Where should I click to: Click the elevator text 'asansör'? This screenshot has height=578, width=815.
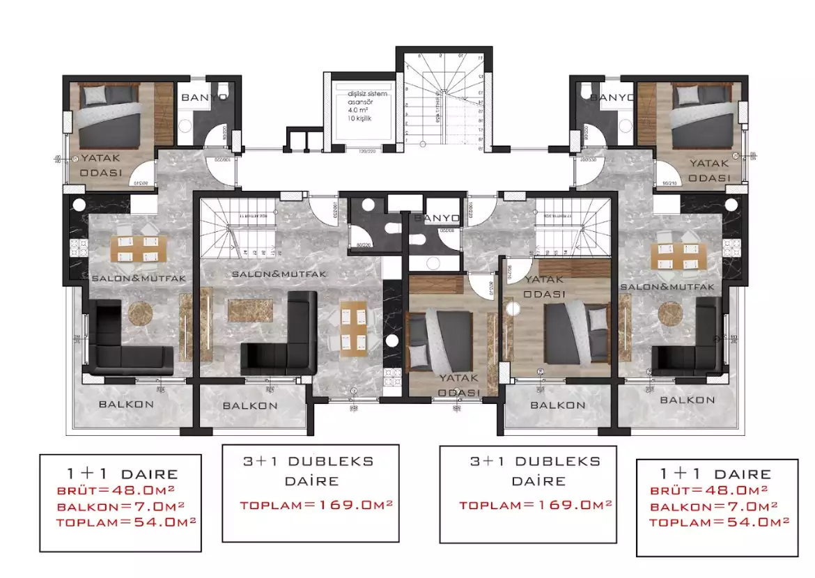point(359,101)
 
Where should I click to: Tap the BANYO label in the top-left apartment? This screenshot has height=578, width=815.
point(203,97)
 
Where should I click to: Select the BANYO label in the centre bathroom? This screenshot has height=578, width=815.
point(436,218)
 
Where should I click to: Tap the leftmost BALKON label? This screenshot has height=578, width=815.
point(126,404)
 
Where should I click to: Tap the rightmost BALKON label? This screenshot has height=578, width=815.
point(687,400)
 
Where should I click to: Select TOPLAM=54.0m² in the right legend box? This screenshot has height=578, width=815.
point(719,522)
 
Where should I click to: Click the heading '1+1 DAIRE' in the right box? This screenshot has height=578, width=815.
point(715,474)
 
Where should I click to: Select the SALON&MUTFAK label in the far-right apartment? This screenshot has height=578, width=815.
point(667,287)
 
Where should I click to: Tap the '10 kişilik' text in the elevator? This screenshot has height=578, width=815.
point(361,119)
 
